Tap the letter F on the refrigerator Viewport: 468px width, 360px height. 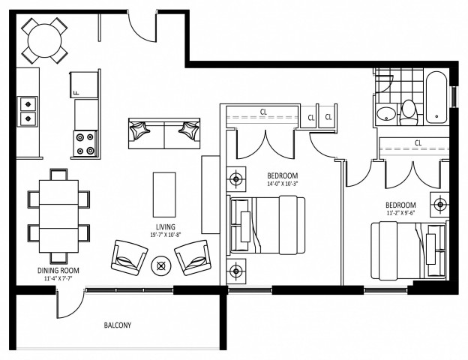[x=76, y=91]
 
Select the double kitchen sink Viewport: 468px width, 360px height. [x=28, y=110]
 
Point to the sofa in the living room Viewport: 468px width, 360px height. [x=163, y=132]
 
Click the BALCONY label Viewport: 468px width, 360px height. [x=117, y=325]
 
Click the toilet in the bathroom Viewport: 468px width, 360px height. [x=409, y=112]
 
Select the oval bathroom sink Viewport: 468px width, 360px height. [x=385, y=114]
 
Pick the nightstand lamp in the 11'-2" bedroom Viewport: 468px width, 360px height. [x=439, y=202]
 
